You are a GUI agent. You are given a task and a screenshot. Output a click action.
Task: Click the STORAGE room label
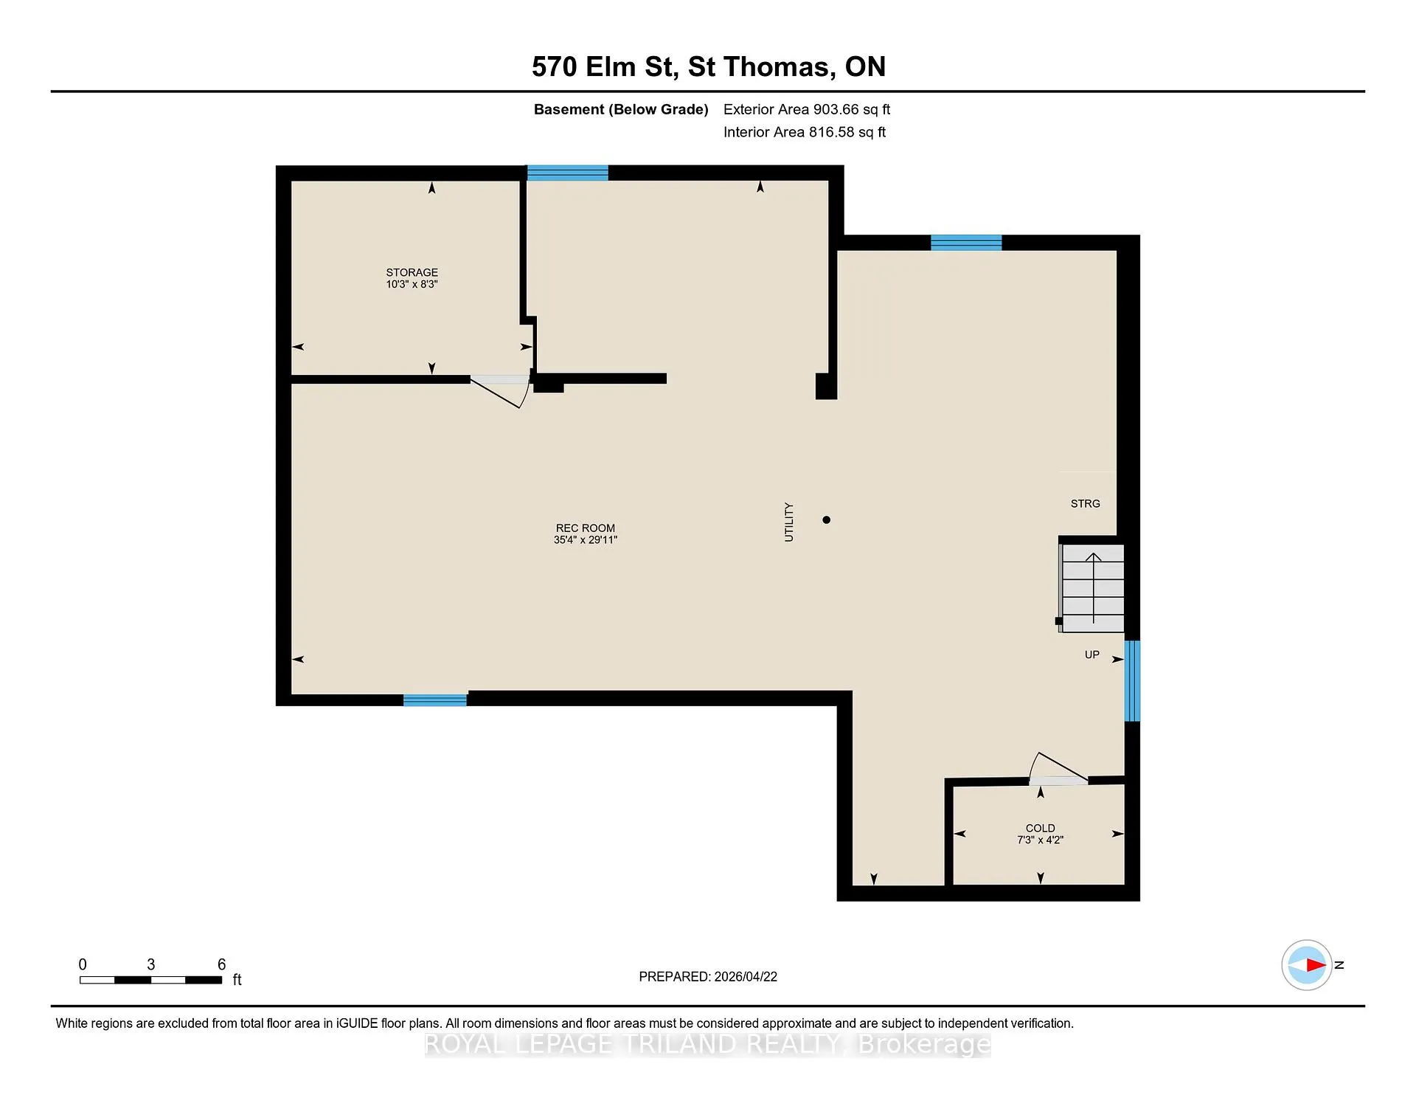point(412,272)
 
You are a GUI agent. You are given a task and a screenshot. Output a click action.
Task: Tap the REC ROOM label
point(585,528)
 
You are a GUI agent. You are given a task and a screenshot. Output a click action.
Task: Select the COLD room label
point(1040,828)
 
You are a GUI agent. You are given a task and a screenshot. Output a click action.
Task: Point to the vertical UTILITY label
point(789,522)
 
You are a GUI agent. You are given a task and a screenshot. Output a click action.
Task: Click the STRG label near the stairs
point(1085,504)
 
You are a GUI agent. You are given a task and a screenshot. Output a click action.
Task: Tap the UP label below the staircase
point(1091,654)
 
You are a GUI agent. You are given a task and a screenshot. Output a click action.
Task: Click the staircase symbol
point(1092,588)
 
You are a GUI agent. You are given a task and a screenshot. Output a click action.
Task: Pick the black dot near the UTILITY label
point(826,519)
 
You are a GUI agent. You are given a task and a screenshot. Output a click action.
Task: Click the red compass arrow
point(1316,964)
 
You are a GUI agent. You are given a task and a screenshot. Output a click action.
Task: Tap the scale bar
point(151,980)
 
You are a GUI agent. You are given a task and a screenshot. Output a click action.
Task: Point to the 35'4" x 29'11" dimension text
point(585,540)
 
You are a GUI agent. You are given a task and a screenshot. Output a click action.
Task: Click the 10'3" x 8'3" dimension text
point(412,284)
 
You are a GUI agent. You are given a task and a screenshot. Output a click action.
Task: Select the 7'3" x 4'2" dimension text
point(1040,840)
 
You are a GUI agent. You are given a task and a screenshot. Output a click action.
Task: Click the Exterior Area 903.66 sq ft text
point(807,109)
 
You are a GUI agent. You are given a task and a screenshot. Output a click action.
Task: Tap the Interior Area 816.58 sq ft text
point(805,132)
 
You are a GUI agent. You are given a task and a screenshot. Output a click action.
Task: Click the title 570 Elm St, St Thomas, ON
point(709,66)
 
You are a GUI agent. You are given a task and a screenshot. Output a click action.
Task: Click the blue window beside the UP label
point(1132,680)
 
